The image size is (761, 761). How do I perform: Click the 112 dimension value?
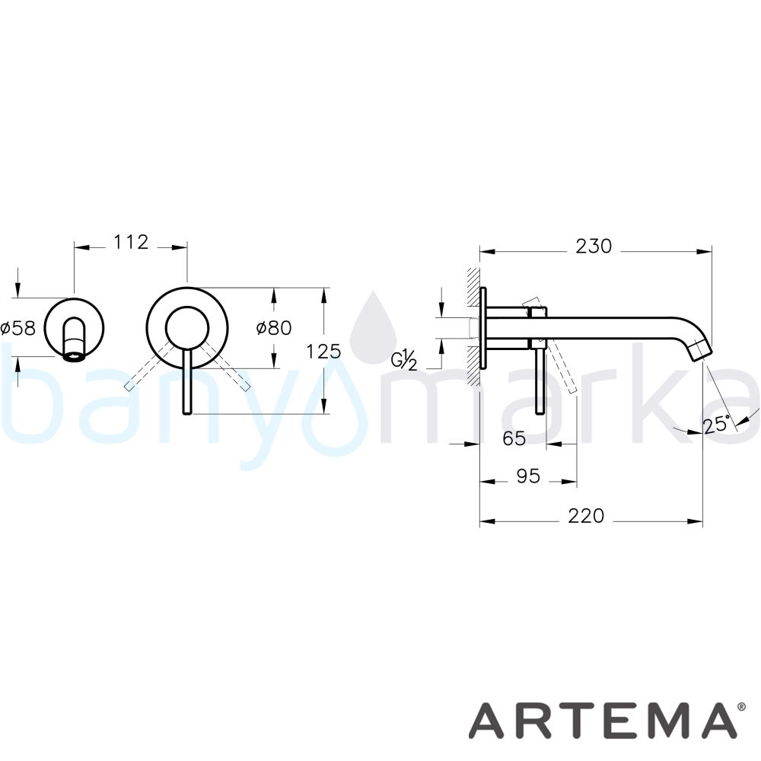tap(131, 242)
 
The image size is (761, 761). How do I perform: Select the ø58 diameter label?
tap(18, 328)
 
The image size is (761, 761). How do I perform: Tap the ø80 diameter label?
tap(274, 328)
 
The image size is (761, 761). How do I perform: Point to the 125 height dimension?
tap(323, 351)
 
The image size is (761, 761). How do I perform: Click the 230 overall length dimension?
tap(594, 247)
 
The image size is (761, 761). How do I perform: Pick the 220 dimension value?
tap(586, 515)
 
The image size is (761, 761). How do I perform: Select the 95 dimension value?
tap(528, 476)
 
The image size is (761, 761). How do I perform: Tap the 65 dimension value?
tap(514, 439)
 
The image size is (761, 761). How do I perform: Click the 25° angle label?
tap(717, 425)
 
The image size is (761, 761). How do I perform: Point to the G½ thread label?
tap(404, 360)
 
